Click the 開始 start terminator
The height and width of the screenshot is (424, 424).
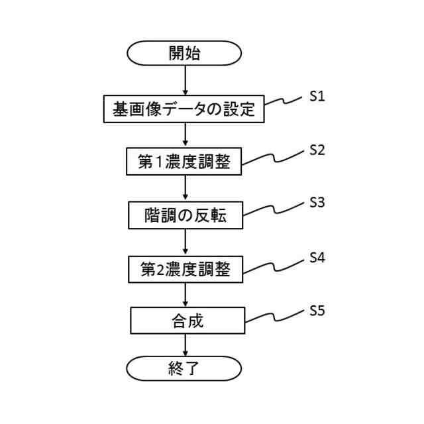coord(184,54)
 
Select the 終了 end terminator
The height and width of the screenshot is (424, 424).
coord(184,368)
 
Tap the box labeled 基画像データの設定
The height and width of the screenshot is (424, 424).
coord(184,109)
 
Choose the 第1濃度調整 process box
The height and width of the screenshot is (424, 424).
coord(184,162)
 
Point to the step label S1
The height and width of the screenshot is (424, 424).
coord(317,97)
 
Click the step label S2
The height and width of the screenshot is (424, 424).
coord(317,150)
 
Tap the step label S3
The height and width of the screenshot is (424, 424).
coord(317,203)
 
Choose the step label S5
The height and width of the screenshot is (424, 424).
coord(317,310)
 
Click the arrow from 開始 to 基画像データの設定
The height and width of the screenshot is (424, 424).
coord(185,81)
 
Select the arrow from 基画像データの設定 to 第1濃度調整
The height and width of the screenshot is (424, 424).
coord(185,135)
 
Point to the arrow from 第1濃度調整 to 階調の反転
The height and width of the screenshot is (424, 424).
coord(185,188)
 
